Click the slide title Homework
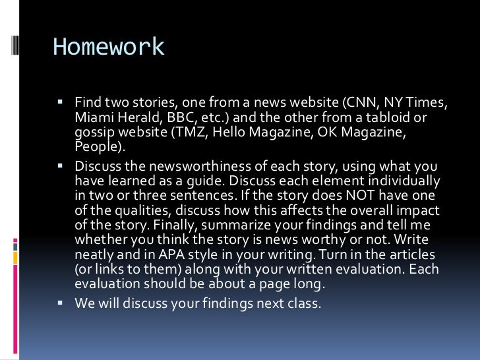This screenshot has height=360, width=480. click(109, 47)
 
